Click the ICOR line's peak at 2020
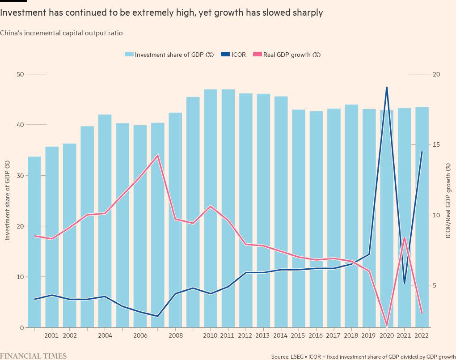click(387, 87)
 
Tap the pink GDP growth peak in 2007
click(157, 155)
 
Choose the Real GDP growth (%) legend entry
click(287, 55)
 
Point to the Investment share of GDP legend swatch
click(129, 55)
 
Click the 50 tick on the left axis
click(20, 74)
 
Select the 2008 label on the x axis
click(175, 335)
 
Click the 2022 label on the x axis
click(422, 335)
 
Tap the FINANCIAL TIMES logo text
click(34, 356)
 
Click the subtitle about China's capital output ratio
click(61, 33)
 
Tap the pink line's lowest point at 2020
click(387, 325)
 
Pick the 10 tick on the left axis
click(20, 277)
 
